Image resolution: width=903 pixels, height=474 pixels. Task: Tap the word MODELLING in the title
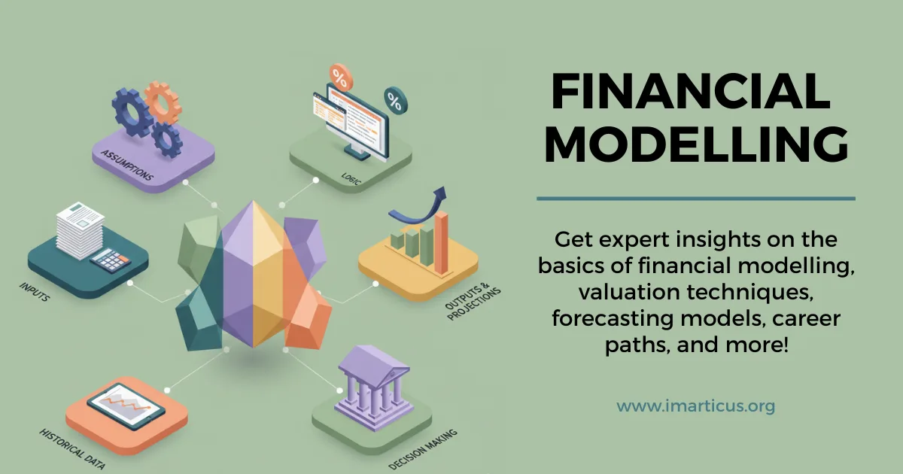(696, 145)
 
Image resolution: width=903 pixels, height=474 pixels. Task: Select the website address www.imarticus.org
(696, 407)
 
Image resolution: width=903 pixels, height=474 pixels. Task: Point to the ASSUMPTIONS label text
(126, 165)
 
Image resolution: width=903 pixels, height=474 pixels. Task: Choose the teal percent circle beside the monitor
(394, 98)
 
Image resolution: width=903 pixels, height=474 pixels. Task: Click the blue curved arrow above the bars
(422, 206)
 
